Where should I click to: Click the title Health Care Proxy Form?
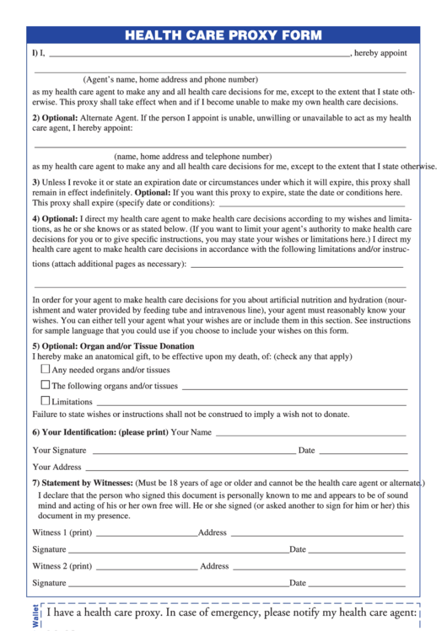click(223, 35)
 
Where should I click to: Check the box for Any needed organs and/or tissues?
click(46, 369)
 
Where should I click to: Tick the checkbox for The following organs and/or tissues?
click(46, 385)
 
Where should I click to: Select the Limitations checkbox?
click(46, 401)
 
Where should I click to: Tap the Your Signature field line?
click(193, 452)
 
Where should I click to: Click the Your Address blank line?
click(245, 468)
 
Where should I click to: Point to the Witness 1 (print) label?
click(62, 532)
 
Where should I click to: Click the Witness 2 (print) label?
click(62, 566)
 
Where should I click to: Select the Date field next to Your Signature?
click(363, 452)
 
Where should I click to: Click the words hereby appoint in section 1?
click(380, 53)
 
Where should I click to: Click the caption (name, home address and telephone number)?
click(193, 156)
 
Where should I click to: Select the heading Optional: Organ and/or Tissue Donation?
click(113, 346)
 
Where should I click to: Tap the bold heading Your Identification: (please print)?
click(100, 432)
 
